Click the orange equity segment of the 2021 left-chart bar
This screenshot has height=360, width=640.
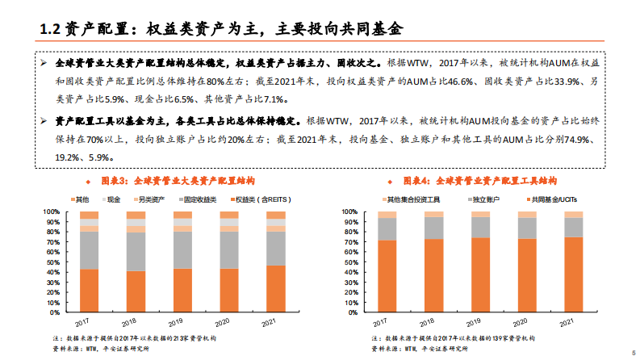pos(276,288)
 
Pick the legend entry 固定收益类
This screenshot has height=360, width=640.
pos(197,199)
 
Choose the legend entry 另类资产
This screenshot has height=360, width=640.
pos(148,199)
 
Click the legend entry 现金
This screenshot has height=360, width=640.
pos(109,199)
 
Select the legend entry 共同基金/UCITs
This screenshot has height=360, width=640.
pos(532,199)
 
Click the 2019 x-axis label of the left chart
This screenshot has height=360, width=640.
pos(182,321)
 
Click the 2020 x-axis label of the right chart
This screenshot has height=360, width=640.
pos(526,321)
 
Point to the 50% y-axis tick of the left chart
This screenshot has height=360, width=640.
pos(52,262)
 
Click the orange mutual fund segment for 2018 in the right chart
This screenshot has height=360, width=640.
pos(434,275)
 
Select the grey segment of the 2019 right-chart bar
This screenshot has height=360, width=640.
pos(480,227)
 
